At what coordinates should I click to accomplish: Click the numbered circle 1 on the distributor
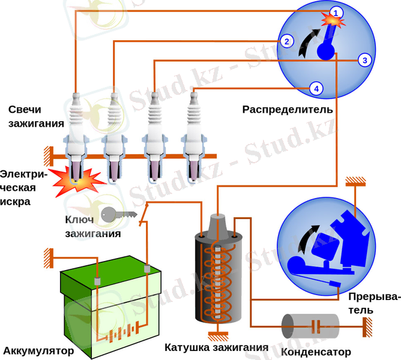point(336,11)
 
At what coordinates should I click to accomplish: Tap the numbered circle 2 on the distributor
point(287,41)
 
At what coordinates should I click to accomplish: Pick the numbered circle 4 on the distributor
point(317,89)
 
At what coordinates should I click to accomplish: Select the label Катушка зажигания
point(216,347)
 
